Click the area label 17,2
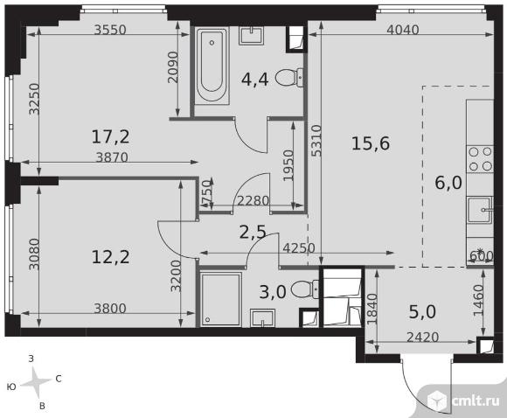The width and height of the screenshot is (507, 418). pyautogui.click(x=111, y=136)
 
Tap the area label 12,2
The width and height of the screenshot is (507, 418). pyautogui.click(x=111, y=257)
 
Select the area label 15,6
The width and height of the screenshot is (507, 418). pyautogui.click(x=371, y=143)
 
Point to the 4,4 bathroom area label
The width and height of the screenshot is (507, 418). pyautogui.click(x=254, y=80)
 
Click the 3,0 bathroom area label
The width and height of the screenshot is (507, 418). pyautogui.click(x=273, y=292)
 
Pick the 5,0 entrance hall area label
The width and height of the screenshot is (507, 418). pyautogui.click(x=422, y=312)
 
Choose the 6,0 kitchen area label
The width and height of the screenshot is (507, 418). pyautogui.click(x=448, y=183)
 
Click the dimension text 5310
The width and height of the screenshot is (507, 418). pyautogui.click(x=316, y=141)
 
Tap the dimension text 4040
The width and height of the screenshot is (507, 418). pyautogui.click(x=403, y=30)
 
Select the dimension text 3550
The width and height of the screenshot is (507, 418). pyautogui.click(x=110, y=30)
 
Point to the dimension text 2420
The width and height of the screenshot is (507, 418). pyautogui.click(x=422, y=338)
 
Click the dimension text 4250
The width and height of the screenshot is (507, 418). pyautogui.click(x=299, y=248)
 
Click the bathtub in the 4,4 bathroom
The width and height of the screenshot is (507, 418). pyautogui.click(x=212, y=66)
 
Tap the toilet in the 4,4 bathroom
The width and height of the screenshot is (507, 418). pyautogui.click(x=289, y=78)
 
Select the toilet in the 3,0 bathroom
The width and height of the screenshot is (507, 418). pyautogui.click(x=305, y=289)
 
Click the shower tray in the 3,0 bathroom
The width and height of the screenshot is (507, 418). pyautogui.click(x=221, y=300)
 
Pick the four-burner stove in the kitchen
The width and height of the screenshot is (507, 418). pyautogui.click(x=480, y=159)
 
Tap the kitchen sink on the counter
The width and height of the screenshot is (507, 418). pyautogui.click(x=480, y=210)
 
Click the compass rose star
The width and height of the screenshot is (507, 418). pyautogui.click(x=37, y=383)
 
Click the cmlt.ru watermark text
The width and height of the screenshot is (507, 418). pyautogui.click(x=476, y=401)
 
